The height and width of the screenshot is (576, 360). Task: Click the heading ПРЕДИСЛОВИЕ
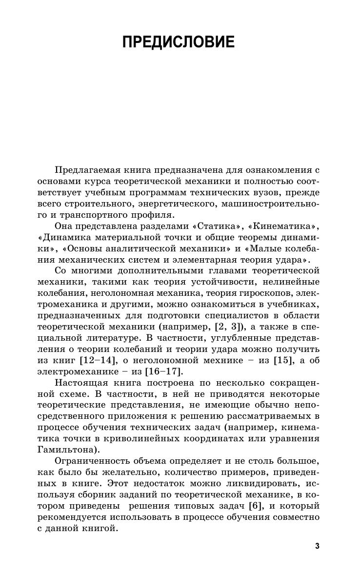(179, 42)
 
